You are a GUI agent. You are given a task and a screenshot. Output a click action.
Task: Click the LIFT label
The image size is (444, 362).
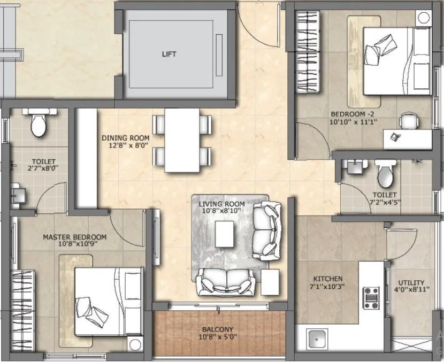click(169, 55)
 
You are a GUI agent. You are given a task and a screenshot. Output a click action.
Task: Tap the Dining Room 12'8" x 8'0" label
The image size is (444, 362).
click(126, 142)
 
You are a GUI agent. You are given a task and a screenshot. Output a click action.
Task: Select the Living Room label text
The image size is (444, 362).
click(221, 207)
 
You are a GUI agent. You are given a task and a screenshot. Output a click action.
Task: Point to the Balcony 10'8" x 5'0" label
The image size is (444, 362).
click(217, 333)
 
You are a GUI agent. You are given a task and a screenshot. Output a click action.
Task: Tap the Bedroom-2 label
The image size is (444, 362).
click(354, 118)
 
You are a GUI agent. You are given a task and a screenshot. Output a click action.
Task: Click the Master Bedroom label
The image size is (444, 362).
click(74, 240)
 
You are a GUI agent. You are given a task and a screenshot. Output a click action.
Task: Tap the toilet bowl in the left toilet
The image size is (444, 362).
click(38, 124)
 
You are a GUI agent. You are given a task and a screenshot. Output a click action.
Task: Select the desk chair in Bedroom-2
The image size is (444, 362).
click(409, 121)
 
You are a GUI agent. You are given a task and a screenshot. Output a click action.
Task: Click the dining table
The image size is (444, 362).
click(182, 140)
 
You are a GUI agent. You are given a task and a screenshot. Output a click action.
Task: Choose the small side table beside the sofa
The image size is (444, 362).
click(270, 281)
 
